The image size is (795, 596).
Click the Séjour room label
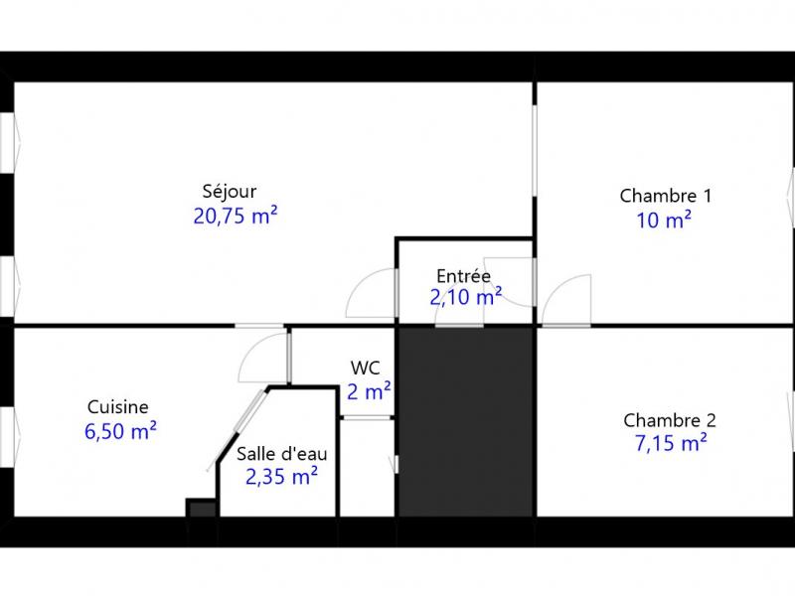(x=230, y=192)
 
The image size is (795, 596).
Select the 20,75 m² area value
(x=236, y=216)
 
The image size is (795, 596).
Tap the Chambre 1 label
(x=665, y=196)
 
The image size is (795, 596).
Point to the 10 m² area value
(x=664, y=221)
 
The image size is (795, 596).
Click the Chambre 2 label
(x=669, y=420)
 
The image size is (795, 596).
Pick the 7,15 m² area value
(x=671, y=443)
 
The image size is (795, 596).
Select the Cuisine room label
(x=117, y=407)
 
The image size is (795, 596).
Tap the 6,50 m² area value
(x=120, y=431)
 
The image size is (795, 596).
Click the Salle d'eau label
(x=282, y=454)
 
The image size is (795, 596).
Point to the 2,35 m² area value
(x=281, y=477)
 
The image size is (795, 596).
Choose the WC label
(x=365, y=368)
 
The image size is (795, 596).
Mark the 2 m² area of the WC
(x=369, y=391)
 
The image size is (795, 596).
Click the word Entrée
(x=463, y=276)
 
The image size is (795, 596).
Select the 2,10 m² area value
(x=466, y=297)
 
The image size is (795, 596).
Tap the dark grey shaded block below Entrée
(x=466, y=422)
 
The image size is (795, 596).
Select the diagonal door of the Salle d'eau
(x=237, y=431)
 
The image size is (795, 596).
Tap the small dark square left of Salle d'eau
(x=202, y=508)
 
